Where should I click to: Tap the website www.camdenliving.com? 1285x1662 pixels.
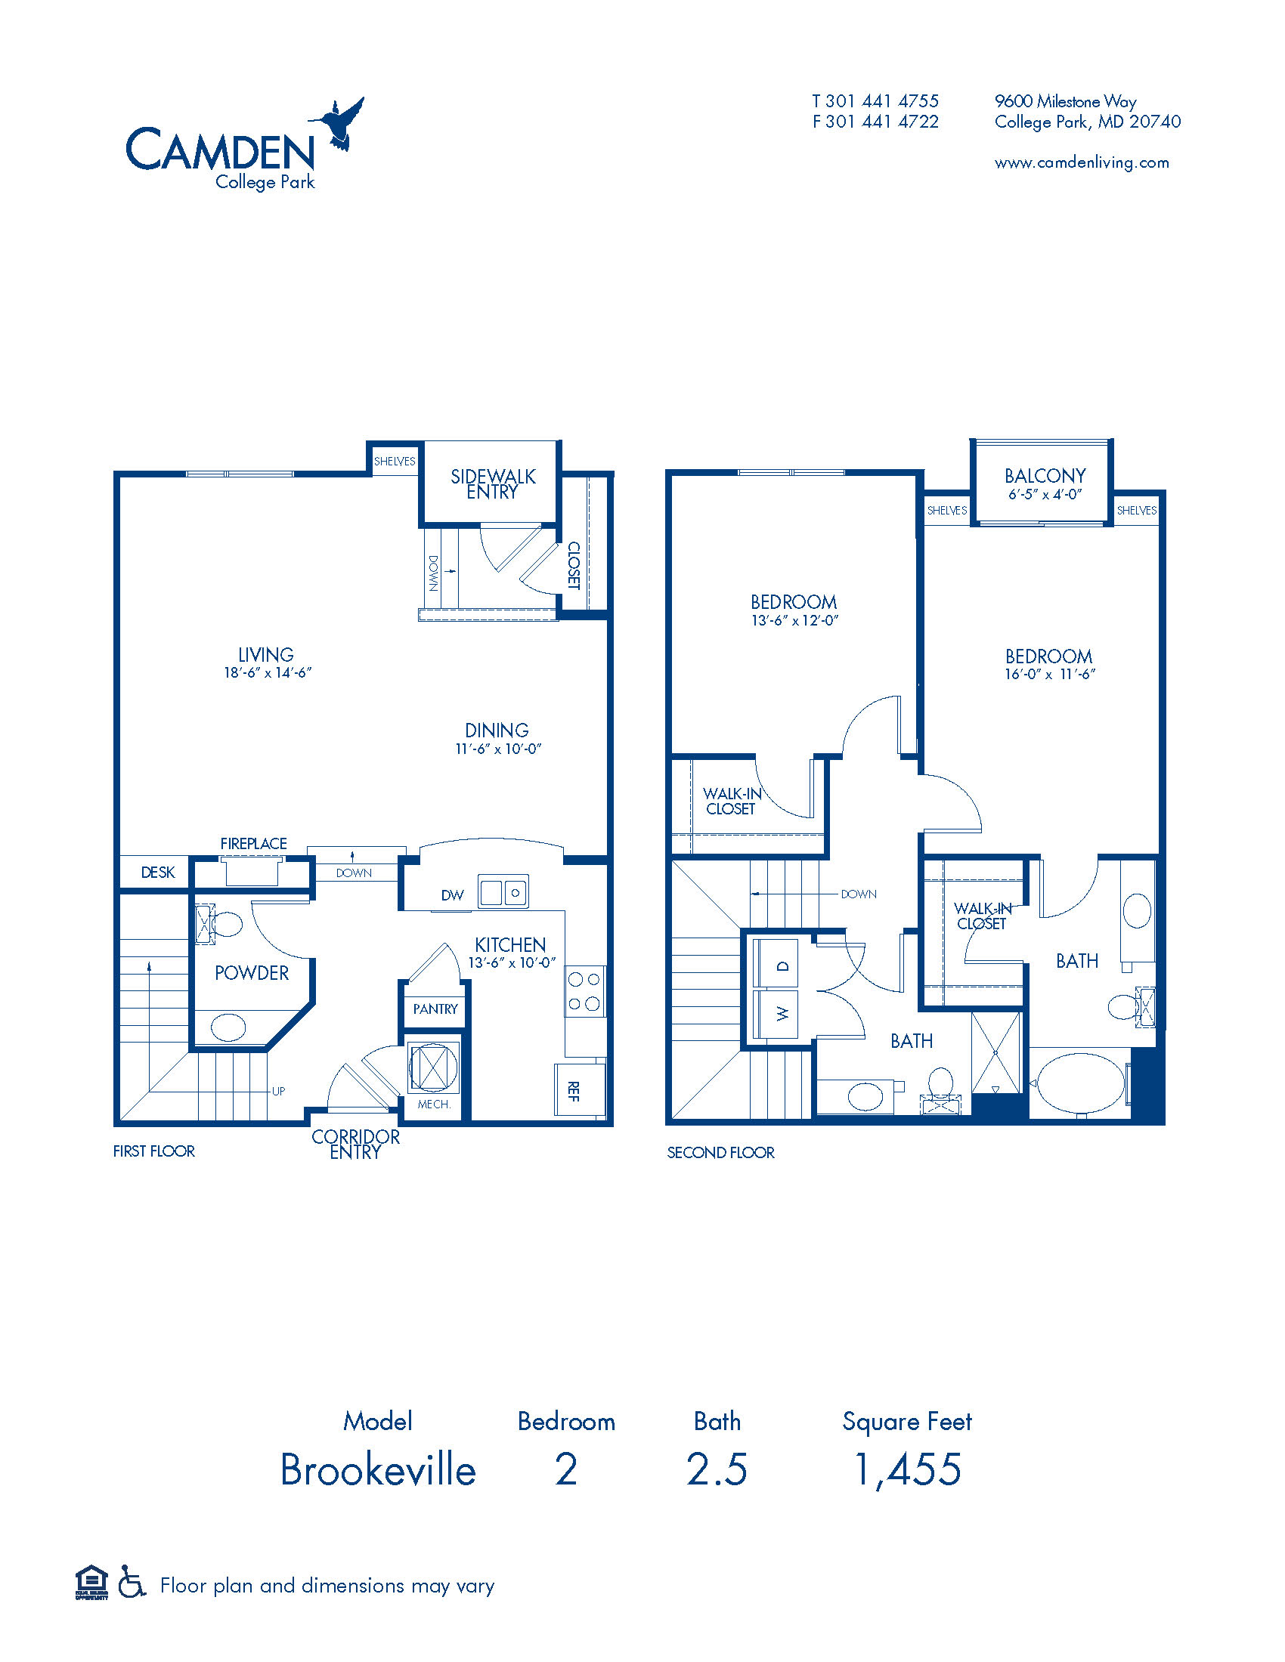pyautogui.click(x=1081, y=163)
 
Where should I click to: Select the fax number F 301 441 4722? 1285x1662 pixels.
pyautogui.click(x=875, y=122)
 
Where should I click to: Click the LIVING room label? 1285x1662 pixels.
pyautogui.click(x=265, y=654)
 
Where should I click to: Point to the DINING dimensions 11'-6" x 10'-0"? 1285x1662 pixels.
pyautogui.click(x=498, y=749)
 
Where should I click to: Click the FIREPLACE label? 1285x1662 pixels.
pyautogui.click(x=253, y=843)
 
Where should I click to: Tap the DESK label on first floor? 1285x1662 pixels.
pyautogui.click(x=157, y=872)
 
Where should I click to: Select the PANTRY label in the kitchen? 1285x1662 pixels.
pyautogui.click(x=435, y=1009)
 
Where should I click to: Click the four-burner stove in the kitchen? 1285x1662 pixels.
pyautogui.click(x=584, y=992)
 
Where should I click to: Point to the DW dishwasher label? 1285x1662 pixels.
pyautogui.click(x=452, y=896)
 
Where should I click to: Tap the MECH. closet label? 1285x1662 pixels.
pyautogui.click(x=434, y=1104)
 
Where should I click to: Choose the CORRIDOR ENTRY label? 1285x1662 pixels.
pyautogui.click(x=355, y=1144)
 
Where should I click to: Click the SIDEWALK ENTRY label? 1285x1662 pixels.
pyautogui.click(x=493, y=484)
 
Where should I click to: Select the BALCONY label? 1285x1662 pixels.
pyautogui.click(x=1045, y=477)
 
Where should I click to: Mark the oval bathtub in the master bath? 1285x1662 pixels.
pyautogui.click(x=1079, y=1083)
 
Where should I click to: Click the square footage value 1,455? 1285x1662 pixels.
pyautogui.click(x=907, y=1469)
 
